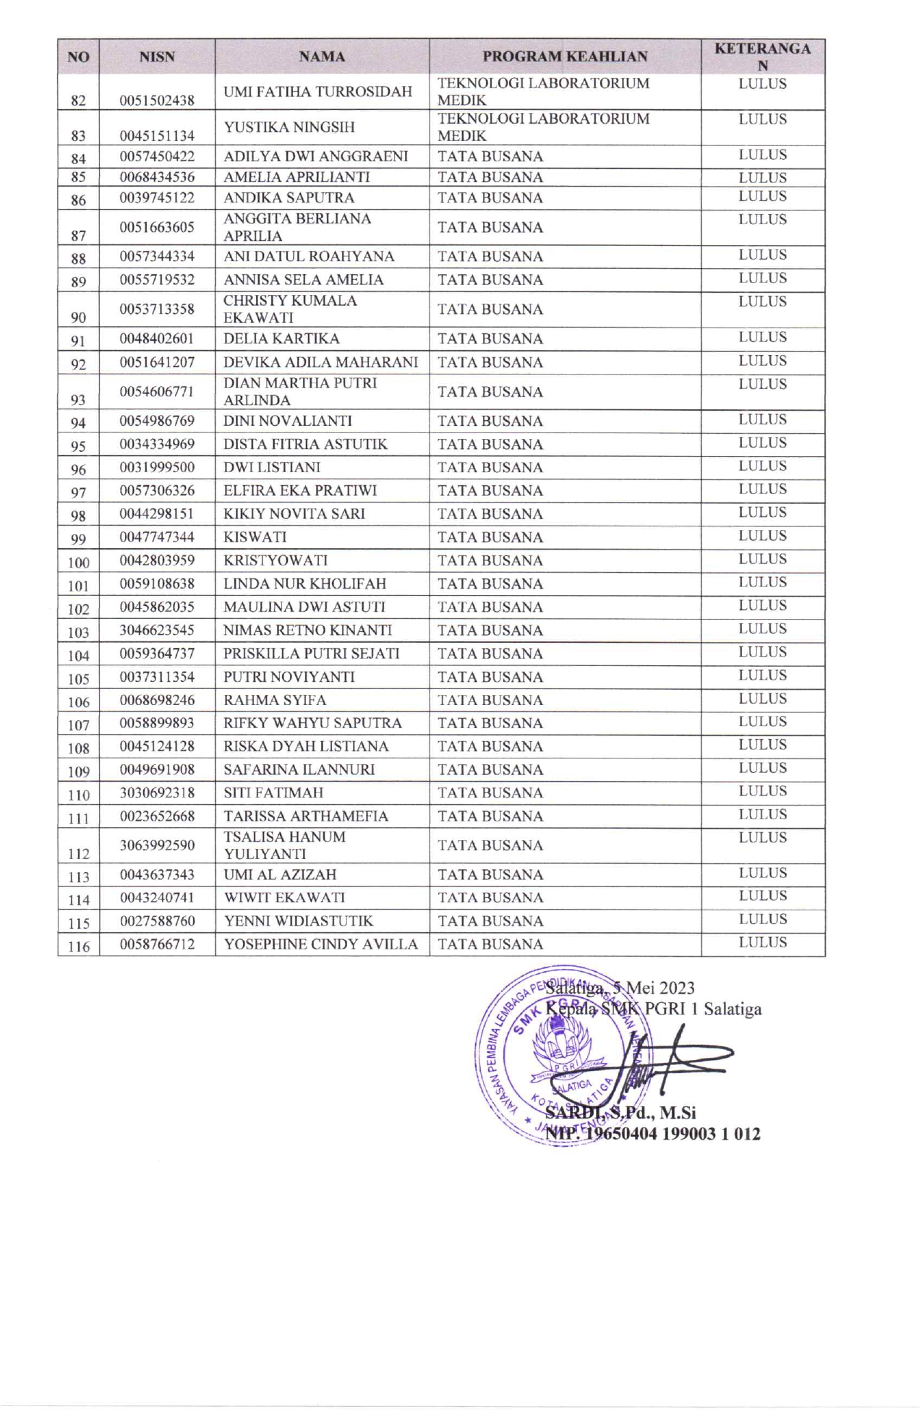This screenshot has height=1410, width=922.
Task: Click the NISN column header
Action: point(157,56)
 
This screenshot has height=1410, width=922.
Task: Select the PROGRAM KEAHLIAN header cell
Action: point(565,56)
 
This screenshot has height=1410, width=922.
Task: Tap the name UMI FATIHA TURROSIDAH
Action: point(317,92)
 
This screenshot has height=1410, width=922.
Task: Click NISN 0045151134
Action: point(157,135)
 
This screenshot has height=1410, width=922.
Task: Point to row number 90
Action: point(78,317)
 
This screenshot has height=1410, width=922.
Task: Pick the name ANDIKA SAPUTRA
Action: point(289,197)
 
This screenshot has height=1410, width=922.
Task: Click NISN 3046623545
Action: point(157,630)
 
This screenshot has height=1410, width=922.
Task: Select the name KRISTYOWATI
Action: point(275,560)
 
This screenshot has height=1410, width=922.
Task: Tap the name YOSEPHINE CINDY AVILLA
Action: point(320,944)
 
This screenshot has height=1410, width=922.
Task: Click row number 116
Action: point(78,946)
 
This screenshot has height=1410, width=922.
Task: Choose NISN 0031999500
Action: point(157,467)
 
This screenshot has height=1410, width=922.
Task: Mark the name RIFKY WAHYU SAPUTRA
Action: point(312,723)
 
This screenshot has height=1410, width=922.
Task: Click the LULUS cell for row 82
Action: point(762,84)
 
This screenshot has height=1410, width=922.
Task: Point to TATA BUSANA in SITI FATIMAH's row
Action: point(490,792)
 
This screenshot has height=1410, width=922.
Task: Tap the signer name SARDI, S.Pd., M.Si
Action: point(620,1112)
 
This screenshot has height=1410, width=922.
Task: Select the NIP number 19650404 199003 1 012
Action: point(673,1133)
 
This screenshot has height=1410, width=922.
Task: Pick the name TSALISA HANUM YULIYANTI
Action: point(284,845)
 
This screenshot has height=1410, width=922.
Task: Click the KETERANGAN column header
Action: point(762,56)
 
